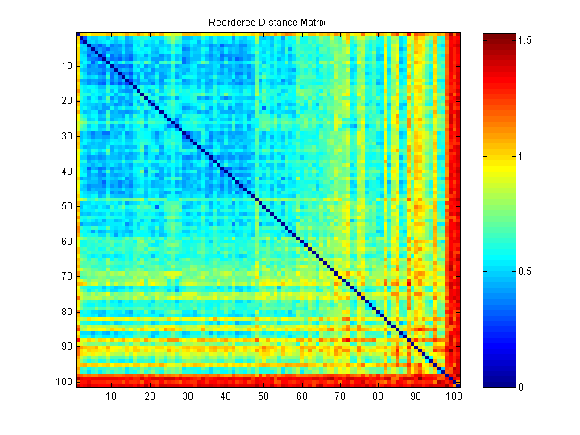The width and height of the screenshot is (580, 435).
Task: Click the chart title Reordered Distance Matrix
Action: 267,22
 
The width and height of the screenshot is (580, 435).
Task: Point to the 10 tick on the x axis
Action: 111,396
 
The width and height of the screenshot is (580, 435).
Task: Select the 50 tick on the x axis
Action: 263,396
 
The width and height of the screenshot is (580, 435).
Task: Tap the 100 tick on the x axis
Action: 454,396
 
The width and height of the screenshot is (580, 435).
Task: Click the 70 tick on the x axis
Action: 339,396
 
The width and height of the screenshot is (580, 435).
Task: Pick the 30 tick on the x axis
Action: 188,396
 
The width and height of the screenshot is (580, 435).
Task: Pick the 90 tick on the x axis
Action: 416,396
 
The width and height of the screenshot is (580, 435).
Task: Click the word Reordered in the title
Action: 230,22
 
